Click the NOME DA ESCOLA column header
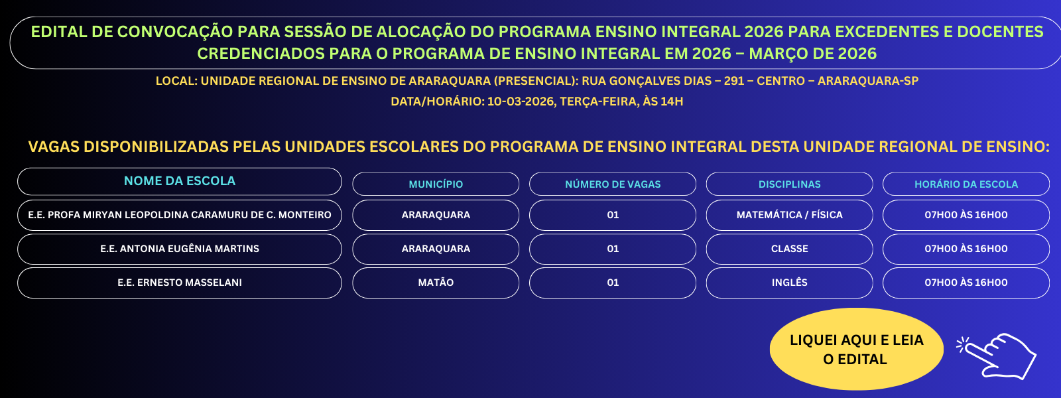click(180, 182)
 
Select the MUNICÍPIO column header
click(436, 184)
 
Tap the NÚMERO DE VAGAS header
click(613, 184)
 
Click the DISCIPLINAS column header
click(790, 184)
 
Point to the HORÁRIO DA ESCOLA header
click(966, 184)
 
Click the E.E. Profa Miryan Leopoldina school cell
click(180, 215)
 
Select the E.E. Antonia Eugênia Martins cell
click(180, 249)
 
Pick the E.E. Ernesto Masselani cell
click(180, 283)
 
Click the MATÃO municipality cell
click(436, 283)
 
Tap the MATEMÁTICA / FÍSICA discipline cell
click(790, 215)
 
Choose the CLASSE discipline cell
click(790, 249)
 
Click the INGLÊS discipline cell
click(790, 283)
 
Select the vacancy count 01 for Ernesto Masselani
click(613, 283)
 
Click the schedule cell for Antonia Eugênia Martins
click(966, 249)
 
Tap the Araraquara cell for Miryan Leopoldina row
click(436, 215)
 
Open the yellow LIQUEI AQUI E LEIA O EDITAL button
click(856, 349)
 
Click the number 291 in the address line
click(734, 81)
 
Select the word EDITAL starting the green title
click(59, 32)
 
